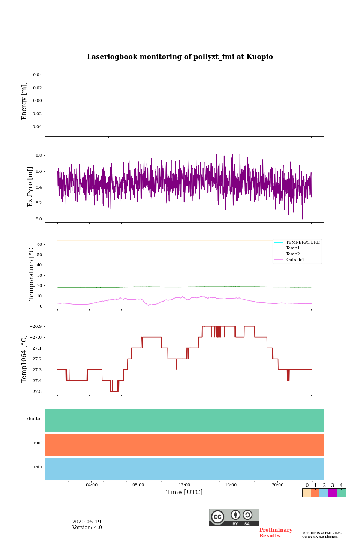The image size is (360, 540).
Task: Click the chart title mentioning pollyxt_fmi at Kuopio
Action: pos(180,57)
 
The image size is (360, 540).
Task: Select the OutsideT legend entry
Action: pos(295,260)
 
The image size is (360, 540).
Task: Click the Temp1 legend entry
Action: pos(293,248)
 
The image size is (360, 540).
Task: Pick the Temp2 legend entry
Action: pos(293,254)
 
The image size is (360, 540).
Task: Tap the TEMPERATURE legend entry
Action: pos(303,243)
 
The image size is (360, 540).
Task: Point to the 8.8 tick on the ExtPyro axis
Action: pos(39,155)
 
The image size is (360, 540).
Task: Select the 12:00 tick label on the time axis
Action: pos(184,485)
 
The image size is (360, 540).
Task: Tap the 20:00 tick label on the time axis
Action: pos(277,485)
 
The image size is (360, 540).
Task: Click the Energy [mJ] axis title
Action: pos(24,101)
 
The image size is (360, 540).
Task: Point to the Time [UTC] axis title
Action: pos(184,492)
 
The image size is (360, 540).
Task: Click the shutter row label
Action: pos(34,419)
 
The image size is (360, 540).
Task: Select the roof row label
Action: pos(38,443)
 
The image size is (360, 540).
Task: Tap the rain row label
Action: pos(38,467)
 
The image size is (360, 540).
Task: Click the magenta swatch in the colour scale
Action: pos(332,493)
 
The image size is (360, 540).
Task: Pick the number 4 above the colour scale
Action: pos(341,486)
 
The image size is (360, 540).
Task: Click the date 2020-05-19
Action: pos(87,522)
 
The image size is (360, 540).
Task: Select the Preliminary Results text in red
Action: pos(276,533)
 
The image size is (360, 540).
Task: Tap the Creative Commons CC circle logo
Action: pos(217,517)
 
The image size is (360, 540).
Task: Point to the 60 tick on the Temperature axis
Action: pos(39,244)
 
